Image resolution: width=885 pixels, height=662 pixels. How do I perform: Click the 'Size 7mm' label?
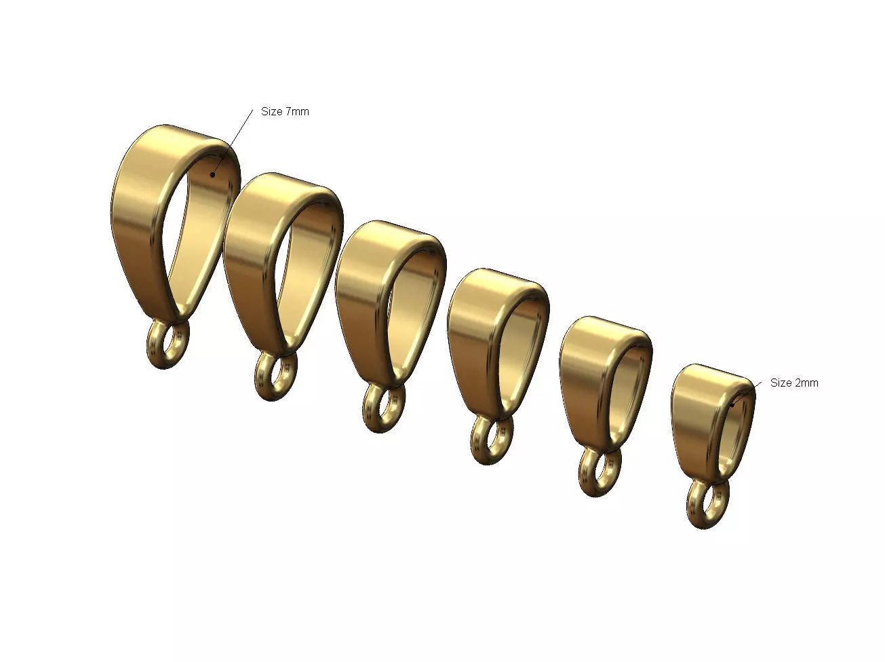coord(285,111)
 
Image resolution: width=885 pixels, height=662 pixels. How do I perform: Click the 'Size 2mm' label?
coord(794,383)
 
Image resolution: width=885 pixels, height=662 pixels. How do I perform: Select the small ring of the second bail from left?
coord(275,376)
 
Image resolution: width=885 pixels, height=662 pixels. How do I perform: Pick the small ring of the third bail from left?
coord(384,408)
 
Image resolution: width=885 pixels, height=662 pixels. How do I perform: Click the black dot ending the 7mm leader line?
coord(212,174)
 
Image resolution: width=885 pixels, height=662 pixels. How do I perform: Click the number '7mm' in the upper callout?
coord(296,111)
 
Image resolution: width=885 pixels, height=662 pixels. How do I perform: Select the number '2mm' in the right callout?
coord(806,383)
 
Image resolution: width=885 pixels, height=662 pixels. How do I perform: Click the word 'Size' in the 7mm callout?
coord(271,111)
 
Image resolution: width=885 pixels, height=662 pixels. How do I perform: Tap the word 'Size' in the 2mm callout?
coord(781,383)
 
